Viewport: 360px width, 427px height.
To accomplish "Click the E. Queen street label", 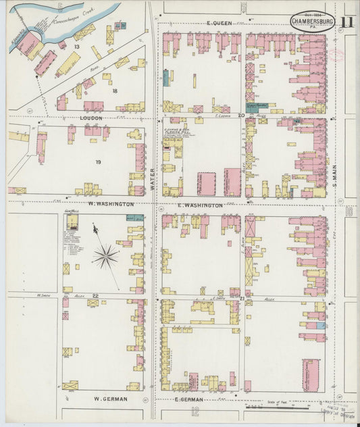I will [x=220, y=23].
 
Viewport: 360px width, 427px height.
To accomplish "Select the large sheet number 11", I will [x=346, y=22].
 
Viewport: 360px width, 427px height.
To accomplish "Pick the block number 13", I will [x=77, y=47].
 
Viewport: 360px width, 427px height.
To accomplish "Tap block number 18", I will [x=115, y=91].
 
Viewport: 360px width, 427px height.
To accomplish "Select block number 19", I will [x=99, y=162].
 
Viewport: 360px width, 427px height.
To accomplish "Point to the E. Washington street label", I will [x=200, y=205].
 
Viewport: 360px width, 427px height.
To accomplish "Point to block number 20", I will [x=240, y=116].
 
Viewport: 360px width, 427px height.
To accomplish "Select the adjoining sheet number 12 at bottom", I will [x=195, y=411].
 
